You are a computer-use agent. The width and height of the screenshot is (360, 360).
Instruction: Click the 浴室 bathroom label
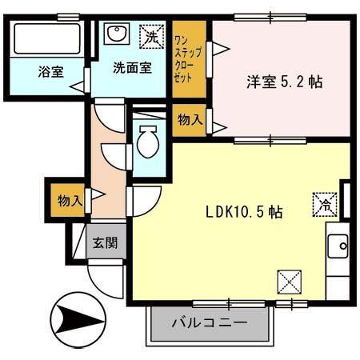point(50,71)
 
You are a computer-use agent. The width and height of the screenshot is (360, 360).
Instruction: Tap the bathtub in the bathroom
point(48,38)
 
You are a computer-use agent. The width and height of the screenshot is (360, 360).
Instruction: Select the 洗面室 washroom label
point(131,68)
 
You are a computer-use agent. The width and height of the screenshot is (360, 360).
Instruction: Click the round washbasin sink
point(117,34)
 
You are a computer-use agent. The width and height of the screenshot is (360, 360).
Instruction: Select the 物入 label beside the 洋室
point(189,120)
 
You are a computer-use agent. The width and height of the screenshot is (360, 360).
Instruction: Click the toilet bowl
point(148,144)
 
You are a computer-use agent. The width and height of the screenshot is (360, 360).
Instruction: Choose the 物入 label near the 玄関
point(70,200)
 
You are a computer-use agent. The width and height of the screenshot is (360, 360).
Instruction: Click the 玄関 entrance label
point(104,242)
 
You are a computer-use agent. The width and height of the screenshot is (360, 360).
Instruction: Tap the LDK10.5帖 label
point(243,212)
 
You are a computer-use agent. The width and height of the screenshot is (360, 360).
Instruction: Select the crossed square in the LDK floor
point(288,282)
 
